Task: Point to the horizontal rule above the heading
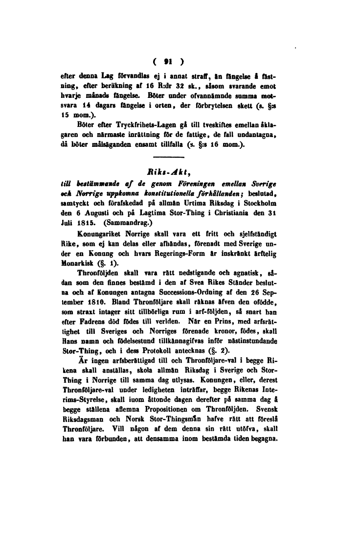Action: pos(167,157)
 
